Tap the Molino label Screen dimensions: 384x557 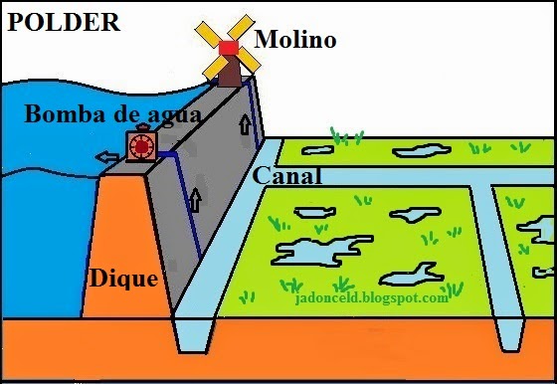(x=295, y=40)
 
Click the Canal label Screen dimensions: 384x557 (x=287, y=177)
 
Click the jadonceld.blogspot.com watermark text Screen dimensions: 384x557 (x=373, y=297)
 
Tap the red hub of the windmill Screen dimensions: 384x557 (x=229, y=48)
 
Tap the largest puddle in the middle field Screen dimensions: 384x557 (x=311, y=249)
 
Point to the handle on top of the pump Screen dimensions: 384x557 (x=141, y=127)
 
